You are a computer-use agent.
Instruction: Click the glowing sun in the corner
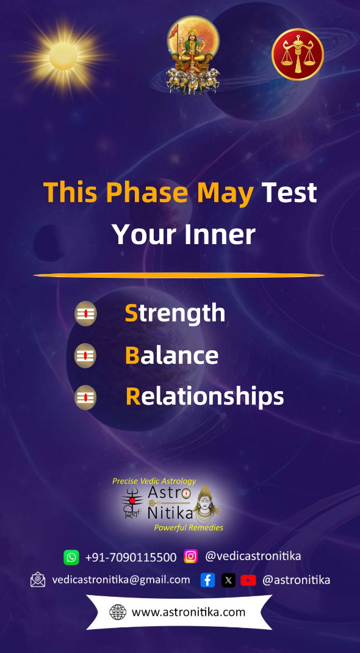[63, 56]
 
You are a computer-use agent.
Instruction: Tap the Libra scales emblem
[298, 54]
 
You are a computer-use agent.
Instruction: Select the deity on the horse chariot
[193, 54]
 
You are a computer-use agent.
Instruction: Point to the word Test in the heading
[289, 192]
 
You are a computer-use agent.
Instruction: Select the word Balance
[171, 356]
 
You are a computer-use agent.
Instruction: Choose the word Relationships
[204, 397]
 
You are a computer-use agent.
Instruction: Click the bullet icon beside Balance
[85, 356]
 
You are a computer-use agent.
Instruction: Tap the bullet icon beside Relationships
[85, 397]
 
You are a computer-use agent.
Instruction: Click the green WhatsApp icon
[71, 557]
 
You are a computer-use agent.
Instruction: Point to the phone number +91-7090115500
[131, 557]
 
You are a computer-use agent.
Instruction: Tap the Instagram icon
[190, 556]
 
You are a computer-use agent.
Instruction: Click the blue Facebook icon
[207, 580]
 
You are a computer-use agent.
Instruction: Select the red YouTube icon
[248, 580]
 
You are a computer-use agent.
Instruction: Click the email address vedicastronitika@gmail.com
[121, 580]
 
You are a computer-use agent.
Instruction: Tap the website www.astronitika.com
[189, 612]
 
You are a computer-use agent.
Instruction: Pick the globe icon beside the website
[118, 612]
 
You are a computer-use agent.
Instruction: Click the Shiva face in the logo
[204, 505]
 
